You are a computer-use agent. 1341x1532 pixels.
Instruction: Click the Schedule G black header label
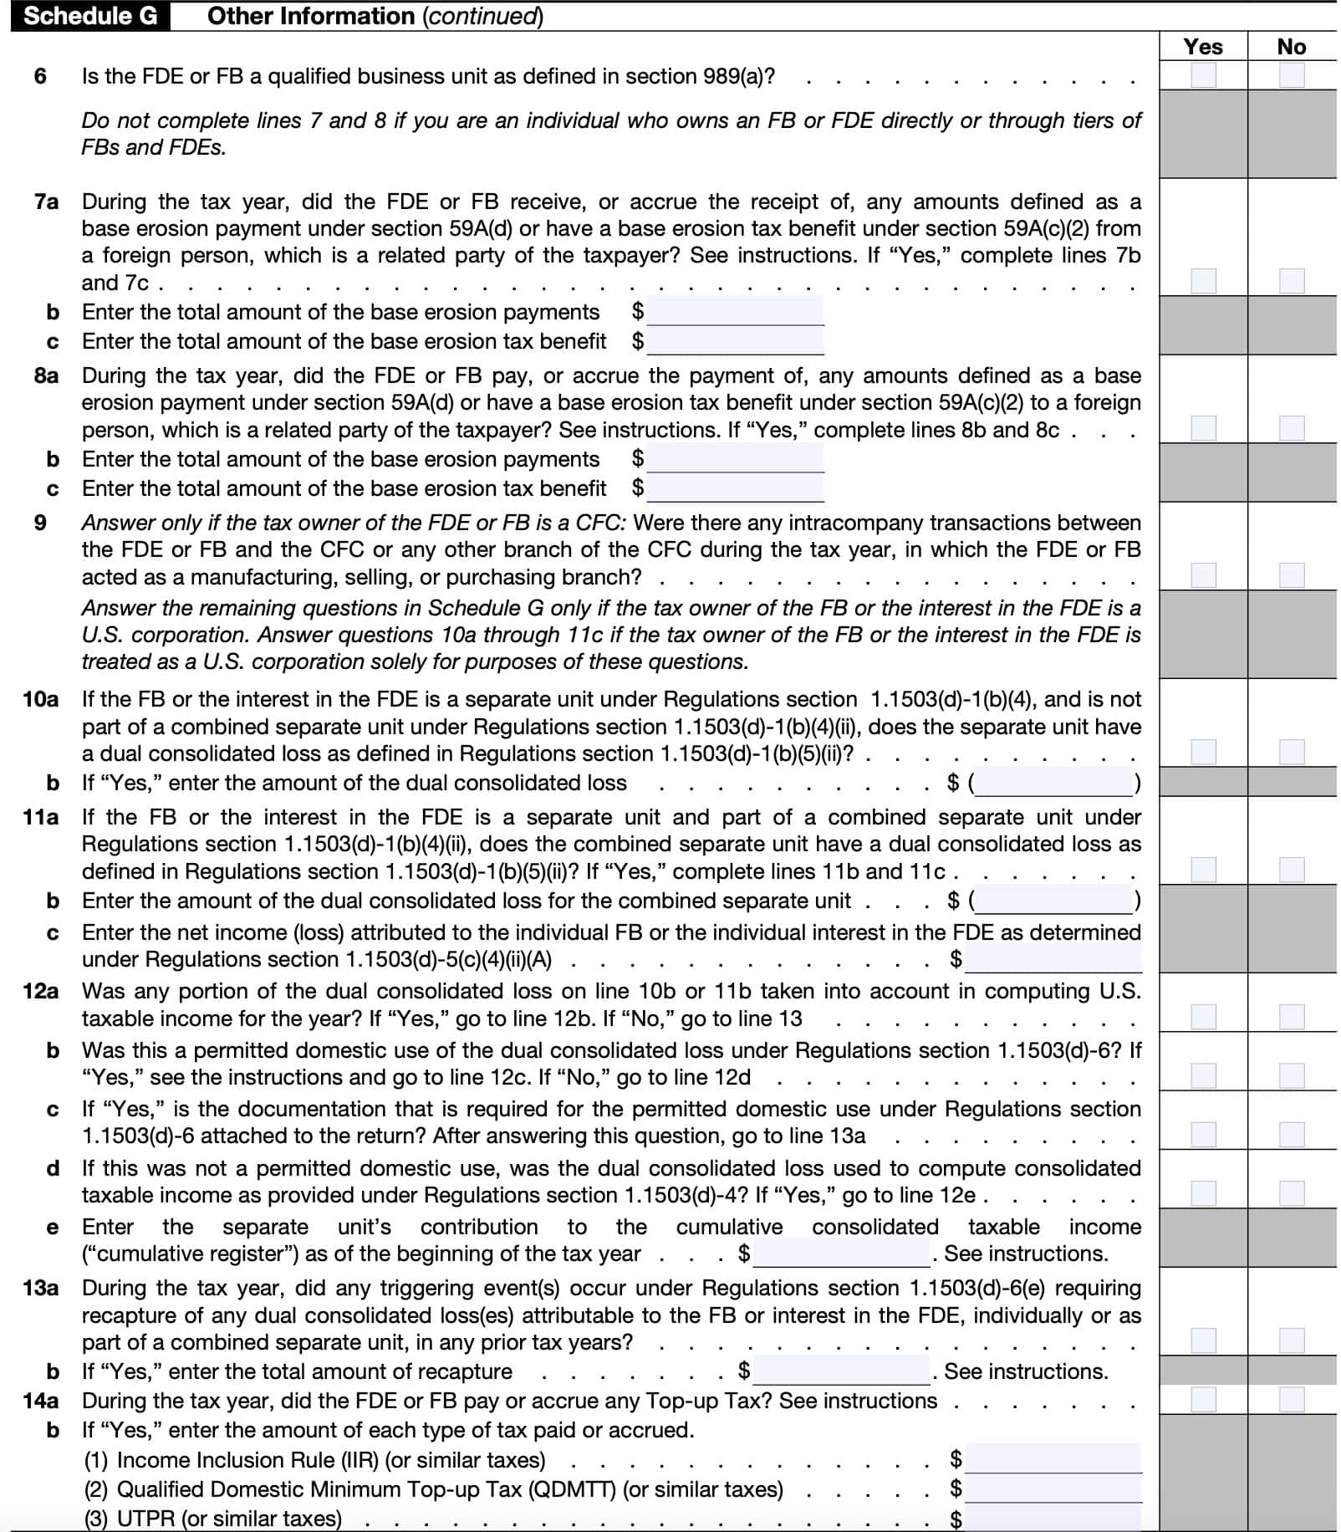(90, 16)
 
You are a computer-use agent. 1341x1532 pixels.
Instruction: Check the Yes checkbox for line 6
(1203, 76)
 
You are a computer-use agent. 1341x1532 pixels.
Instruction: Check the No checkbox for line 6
(1291, 76)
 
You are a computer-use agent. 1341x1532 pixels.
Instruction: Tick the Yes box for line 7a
(1203, 281)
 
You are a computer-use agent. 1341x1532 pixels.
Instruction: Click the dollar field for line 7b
(736, 312)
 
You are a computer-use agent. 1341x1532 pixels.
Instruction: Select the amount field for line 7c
(736, 341)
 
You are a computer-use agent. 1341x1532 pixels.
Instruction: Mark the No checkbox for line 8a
(1291, 428)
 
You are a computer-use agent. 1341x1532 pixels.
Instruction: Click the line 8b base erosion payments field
(736, 459)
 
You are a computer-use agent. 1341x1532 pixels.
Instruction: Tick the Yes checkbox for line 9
(1203, 575)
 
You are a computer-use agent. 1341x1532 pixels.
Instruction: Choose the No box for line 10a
(1291, 752)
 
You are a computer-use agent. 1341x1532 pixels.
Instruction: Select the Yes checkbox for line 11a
(1203, 870)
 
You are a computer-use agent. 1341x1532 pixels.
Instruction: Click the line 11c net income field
(1053, 959)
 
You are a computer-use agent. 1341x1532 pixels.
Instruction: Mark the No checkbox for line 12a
(1291, 1017)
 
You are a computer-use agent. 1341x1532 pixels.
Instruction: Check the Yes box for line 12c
(1203, 1135)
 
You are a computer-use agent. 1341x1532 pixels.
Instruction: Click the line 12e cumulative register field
(841, 1254)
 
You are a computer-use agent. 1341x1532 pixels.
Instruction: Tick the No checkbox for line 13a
(1291, 1340)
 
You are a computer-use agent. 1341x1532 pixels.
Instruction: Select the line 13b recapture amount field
(841, 1371)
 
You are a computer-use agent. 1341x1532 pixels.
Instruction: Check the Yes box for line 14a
(1203, 1400)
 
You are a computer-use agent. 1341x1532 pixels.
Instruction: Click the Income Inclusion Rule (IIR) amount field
(1053, 1459)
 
